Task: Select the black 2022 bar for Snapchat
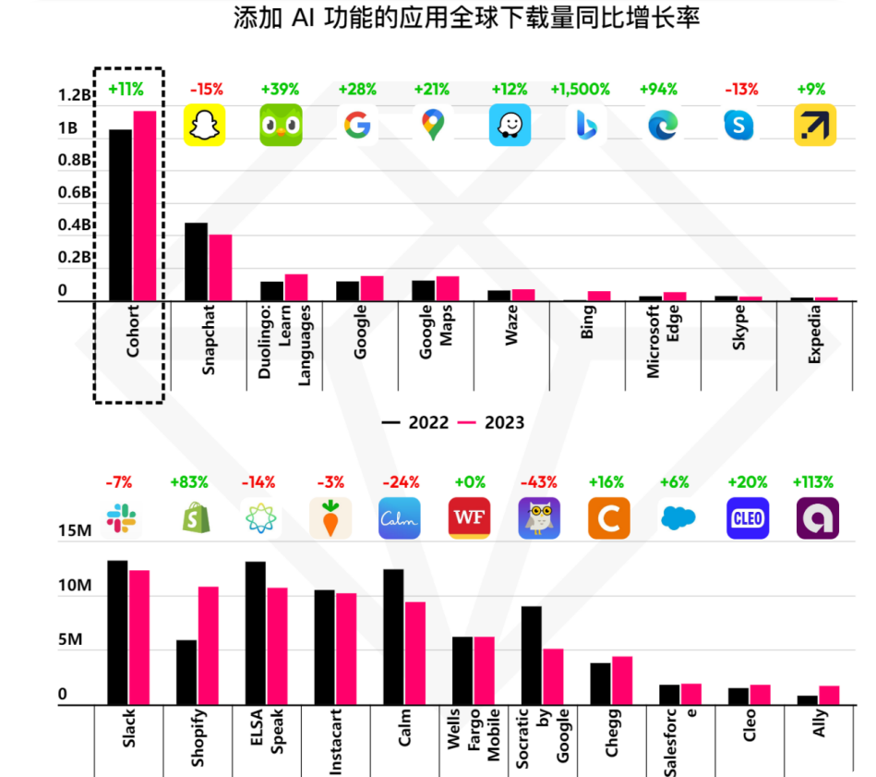coord(196,261)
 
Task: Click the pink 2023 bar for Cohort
coord(145,205)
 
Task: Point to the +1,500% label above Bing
coord(580,90)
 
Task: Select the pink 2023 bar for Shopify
coord(208,646)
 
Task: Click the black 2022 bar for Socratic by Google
coord(531,655)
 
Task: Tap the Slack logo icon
coord(121,518)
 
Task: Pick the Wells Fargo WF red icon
coord(468,518)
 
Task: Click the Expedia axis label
coord(814,334)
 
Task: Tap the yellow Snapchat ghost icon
coord(205,125)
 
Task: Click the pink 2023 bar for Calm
coord(415,653)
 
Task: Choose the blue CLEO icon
coord(747,518)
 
